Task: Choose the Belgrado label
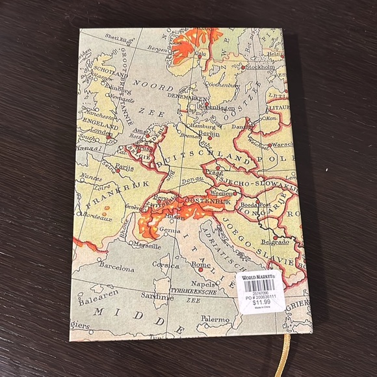[276, 242]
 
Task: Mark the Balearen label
[97, 302]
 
